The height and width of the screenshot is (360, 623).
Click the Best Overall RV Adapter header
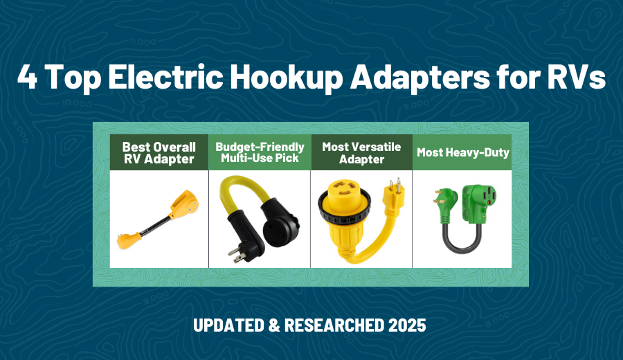(x=159, y=152)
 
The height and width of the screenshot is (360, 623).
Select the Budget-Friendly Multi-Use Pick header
(x=260, y=152)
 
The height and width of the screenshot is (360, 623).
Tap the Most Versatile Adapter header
(x=361, y=152)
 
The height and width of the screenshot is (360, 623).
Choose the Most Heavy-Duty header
(x=462, y=152)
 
